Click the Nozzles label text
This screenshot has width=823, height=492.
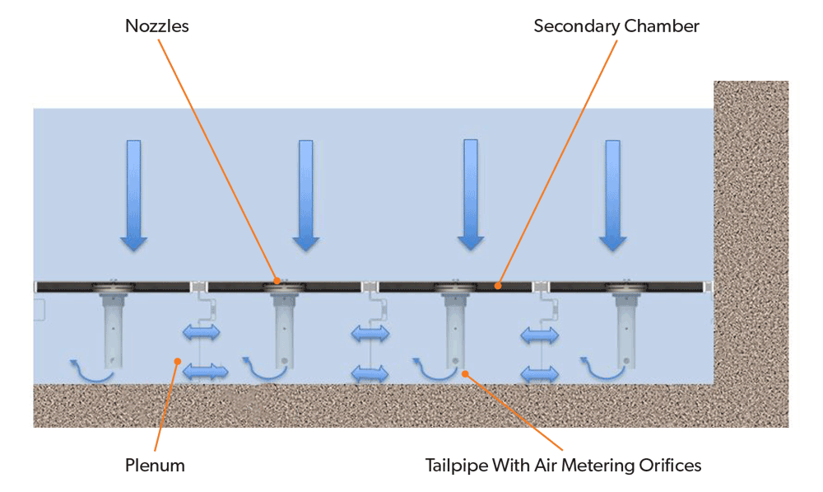[156, 26]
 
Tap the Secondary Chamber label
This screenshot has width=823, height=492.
[616, 26]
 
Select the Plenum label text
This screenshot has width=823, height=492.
[156, 466]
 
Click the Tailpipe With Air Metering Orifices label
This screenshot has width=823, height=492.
[563, 466]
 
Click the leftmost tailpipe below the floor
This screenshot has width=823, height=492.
[111, 330]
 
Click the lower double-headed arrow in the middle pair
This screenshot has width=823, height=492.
[370, 373]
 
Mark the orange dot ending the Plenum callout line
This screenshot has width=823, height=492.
[175, 360]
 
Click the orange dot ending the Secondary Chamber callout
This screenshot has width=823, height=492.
[497, 285]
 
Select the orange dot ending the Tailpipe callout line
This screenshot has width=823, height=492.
[466, 374]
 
